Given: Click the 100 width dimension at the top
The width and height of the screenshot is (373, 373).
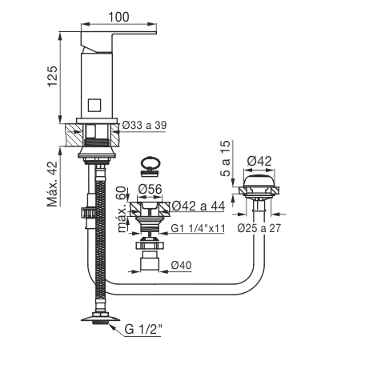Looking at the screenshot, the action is (x=118, y=17).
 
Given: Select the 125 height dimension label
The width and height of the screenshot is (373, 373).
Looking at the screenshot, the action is (x=53, y=76).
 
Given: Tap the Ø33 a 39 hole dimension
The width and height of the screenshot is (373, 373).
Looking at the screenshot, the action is (x=144, y=125).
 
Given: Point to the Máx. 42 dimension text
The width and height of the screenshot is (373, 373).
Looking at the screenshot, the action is (x=53, y=183).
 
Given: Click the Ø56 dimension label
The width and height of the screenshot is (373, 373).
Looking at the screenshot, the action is (x=150, y=189).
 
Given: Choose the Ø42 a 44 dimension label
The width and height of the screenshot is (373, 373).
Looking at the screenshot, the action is (x=199, y=206).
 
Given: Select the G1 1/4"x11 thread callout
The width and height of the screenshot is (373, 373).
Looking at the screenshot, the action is (x=198, y=228).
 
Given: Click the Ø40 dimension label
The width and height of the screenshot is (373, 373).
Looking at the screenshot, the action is (x=182, y=265).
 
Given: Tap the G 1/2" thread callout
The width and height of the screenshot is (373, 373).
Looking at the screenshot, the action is (x=143, y=329).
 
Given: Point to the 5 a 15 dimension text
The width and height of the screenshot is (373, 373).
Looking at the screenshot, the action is (x=226, y=158).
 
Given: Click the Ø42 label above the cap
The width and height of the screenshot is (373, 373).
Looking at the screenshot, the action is (x=259, y=161).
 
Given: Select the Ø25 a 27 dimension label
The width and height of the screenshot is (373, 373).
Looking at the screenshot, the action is (x=259, y=228).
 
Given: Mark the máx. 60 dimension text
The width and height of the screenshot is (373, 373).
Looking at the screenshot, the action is (x=122, y=209).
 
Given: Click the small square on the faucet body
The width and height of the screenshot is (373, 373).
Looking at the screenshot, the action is (x=94, y=105).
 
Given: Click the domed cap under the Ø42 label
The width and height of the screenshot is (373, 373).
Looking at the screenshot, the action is (x=259, y=182).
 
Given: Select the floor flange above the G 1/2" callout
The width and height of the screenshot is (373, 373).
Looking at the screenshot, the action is (x=100, y=319).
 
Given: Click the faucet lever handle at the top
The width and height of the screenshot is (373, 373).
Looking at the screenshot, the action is (x=118, y=42).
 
